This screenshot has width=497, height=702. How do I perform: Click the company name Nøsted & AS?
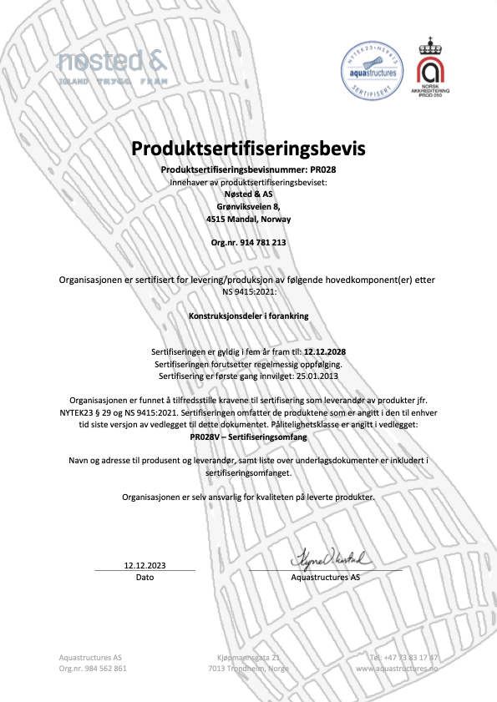(248, 193)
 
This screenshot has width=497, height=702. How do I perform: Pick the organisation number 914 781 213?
(248, 242)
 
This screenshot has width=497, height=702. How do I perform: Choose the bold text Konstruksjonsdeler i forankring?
(248, 317)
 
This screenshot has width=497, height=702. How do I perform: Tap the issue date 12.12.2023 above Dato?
(145, 564)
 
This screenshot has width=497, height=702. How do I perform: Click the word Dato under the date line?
(145, 577)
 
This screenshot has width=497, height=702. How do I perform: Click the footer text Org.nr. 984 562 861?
(93, 669)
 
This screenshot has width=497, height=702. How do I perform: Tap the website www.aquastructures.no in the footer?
(397, 669)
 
